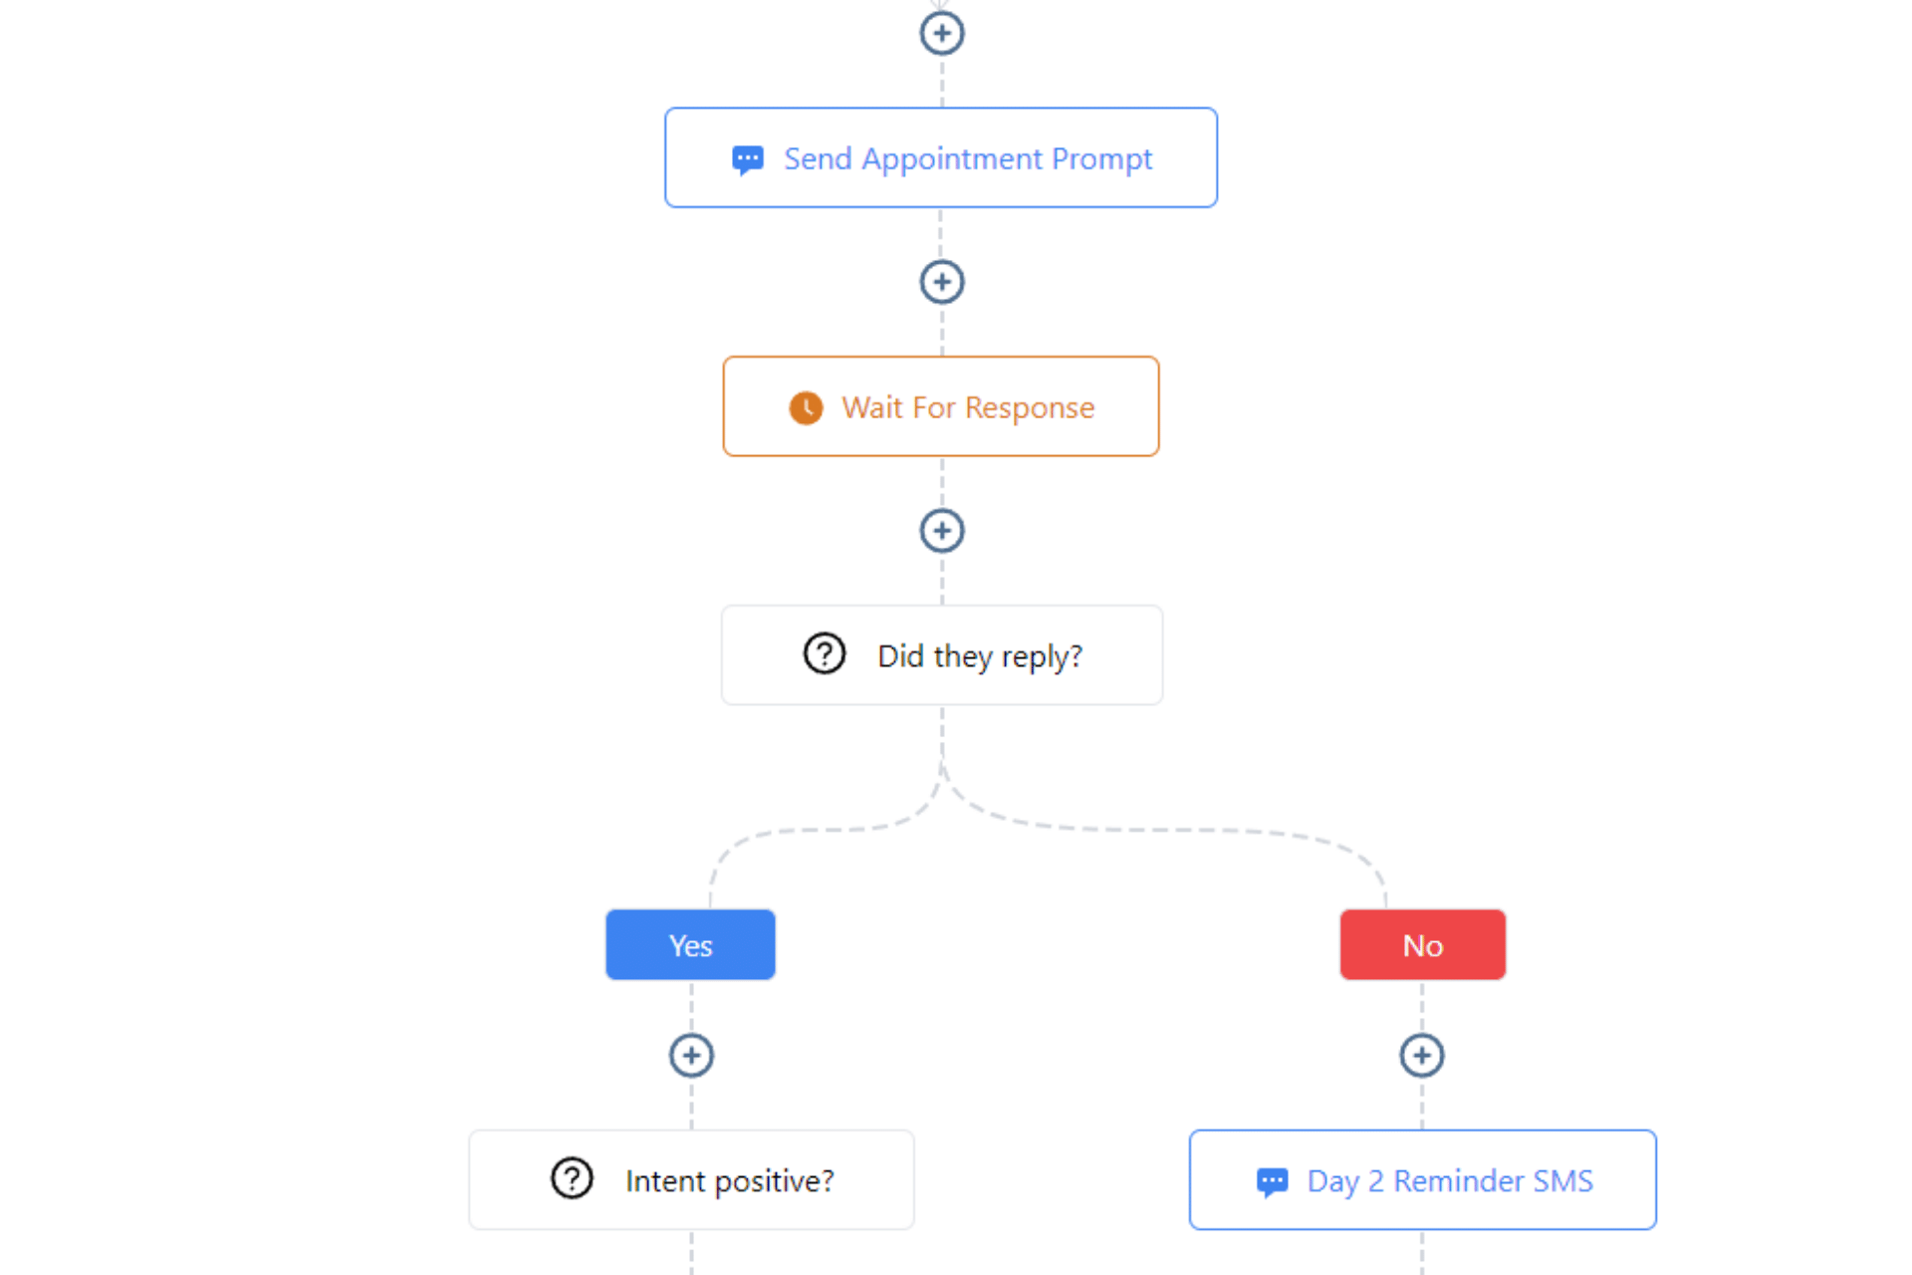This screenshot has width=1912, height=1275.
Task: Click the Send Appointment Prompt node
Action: (x=941, y=157)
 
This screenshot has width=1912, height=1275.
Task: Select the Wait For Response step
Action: (x=941, y=406)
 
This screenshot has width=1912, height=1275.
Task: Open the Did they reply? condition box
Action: (x=941, y=655)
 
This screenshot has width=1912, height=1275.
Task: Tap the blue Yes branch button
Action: (x=690, y=944)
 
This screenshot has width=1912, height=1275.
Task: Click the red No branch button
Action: (x=1422, y=944)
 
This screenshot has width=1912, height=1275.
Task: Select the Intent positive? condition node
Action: (x=691, y=1179)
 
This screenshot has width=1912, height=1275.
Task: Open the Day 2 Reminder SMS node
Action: (x=1422, y=1179)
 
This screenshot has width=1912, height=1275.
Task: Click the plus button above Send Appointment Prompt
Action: (x=941, y=33)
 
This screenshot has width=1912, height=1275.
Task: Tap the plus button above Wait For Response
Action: (x=941, y=282)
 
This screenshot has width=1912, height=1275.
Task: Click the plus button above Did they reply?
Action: (x=941, y=531)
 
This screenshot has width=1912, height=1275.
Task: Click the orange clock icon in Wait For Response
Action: (x=806, y=407)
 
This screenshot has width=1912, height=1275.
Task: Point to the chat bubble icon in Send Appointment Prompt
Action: (x=748, y=159)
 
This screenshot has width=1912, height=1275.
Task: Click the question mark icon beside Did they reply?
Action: (x=825, y=654)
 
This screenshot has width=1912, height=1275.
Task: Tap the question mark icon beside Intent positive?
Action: (x=572, y=1178)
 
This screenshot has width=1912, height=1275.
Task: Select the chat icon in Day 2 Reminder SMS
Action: (x=1272, y=1181)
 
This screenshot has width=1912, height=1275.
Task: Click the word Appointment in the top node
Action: (x=952, y=159)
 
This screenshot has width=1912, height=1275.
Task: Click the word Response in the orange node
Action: (x=1030, y=408)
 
